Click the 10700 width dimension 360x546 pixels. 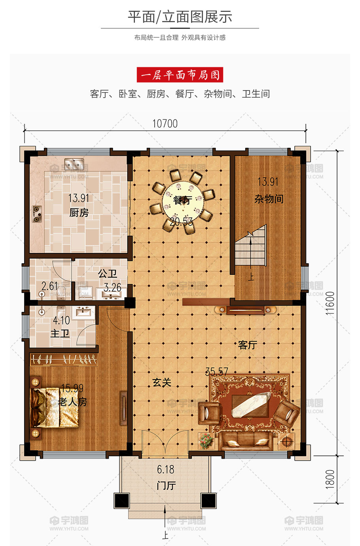click(x=165, y=124)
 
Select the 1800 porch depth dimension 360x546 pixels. click(x=330, y=479)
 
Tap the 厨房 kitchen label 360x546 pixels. click(x=79, y=213)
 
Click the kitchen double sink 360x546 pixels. click(x=74, y=164)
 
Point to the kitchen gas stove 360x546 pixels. click(x=37, y=214)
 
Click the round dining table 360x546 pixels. click(x=183, y=201)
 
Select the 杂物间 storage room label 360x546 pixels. click(x=269, y=199)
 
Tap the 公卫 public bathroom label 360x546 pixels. click(x=107, y=274)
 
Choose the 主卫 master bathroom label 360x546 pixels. click(x=60, y=333)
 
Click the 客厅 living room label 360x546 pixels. click(x=248, y=345)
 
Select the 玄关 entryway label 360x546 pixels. click(x=162, y=382)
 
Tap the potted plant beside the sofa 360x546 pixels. click(x=206, y=441)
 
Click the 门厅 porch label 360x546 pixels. click(x=166, y=486)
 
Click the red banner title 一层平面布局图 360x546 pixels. click(x=180, y=75)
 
